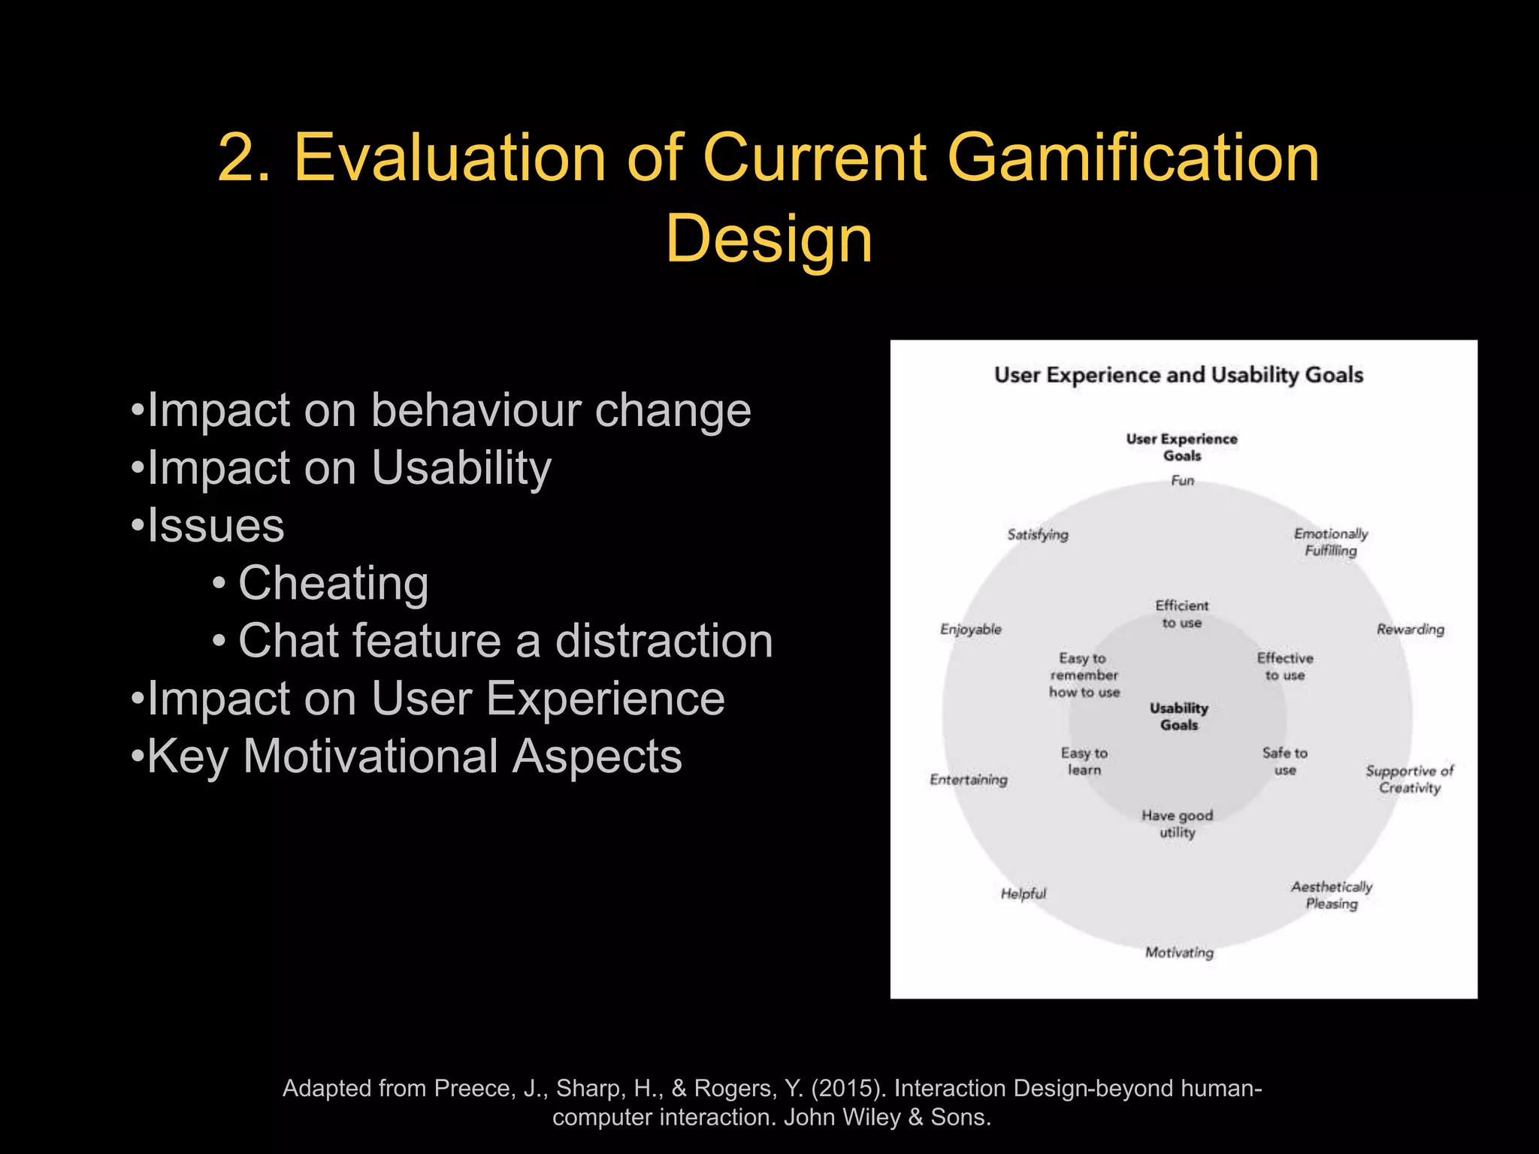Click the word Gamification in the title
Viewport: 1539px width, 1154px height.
[x=1132, y=158]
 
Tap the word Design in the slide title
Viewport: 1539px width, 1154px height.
[x=769, y=239]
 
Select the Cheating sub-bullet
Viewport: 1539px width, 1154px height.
[x=333, y=583]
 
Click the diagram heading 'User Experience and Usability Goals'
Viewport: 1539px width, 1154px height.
[x=1178, y=375]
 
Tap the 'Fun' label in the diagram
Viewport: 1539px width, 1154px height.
[x=1182, y=480]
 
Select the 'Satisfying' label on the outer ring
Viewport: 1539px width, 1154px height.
[x=1038, y=534]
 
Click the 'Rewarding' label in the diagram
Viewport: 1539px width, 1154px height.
[x=1410, y=629]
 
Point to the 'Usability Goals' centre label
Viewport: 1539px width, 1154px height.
[x=1179, y=716]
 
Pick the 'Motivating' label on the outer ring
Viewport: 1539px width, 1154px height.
[x=1179, y=953]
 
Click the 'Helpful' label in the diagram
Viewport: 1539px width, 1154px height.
[x=1023, y=893]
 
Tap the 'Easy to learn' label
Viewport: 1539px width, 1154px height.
[x=1084, y=761]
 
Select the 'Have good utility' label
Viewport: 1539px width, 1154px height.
[x=1177, y=823]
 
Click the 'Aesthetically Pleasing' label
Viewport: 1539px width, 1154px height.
[x=1332, y=895]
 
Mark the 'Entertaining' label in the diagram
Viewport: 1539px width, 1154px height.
[x=968, y=780]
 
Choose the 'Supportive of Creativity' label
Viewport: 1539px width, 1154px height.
[x=1409, y=779]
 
